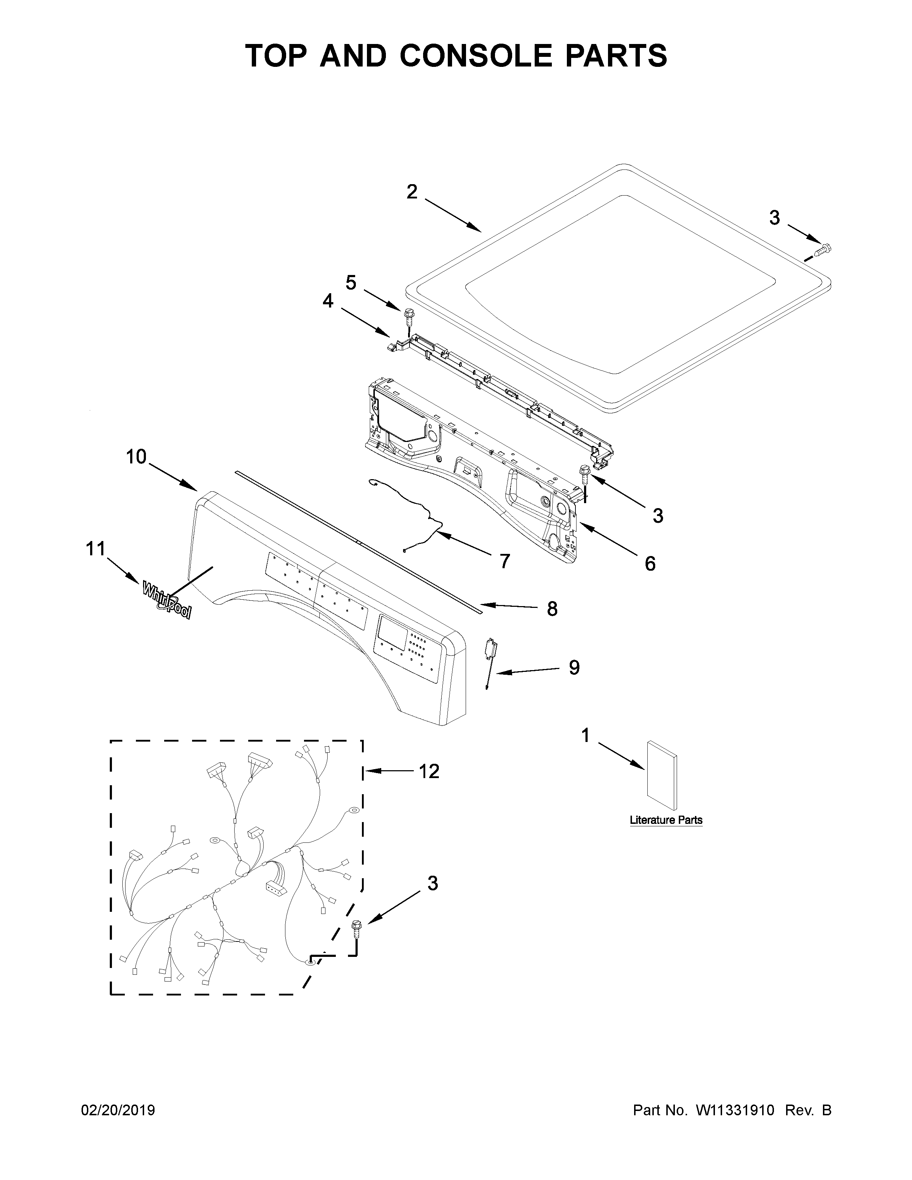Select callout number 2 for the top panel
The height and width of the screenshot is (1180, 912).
[412, 191]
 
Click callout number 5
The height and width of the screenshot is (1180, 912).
[351, 282]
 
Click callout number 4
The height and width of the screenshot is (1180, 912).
[328, 301]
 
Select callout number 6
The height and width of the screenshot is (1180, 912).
[650, 564]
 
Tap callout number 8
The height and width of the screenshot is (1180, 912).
[551, 609]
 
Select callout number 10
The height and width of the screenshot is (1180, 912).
[136, 457]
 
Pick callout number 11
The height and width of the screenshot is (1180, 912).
[95, 549]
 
